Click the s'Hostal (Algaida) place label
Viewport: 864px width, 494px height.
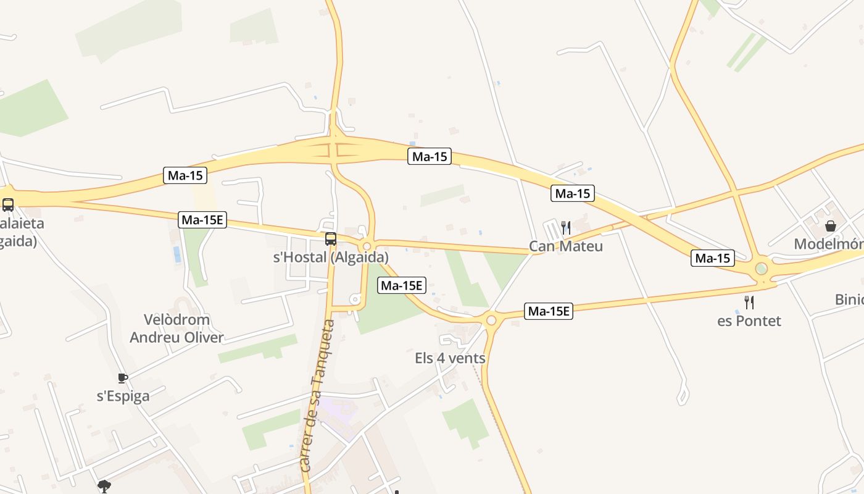[x=331, y=257]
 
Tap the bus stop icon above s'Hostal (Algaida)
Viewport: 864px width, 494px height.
[x=331, y=239]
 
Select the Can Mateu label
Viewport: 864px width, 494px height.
[x=565, y=246]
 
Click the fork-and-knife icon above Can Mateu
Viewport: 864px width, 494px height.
[x=565, y=227]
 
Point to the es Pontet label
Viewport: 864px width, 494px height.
[x=749, y=320]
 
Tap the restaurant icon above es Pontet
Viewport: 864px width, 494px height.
[x=749, y=303]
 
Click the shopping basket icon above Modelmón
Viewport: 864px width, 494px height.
[x=831, y=226]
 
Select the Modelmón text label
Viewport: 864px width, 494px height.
[x=828, y=244]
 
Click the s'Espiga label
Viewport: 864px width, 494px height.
[x=123, y=396]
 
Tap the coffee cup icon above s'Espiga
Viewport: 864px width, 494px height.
[x=123, y=378]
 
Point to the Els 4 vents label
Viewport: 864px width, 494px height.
[x=450, y=358]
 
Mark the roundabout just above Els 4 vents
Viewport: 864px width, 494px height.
[x=491, y=320]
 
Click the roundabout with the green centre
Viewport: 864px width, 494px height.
[x=761, y=269]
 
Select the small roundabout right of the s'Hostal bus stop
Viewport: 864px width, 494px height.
[x=367, y=246]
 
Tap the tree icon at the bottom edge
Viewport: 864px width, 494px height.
[x=104, y=487]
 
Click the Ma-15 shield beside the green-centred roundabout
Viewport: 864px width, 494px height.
[x=712, y=258]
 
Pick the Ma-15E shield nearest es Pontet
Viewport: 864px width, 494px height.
[x=549, y=311]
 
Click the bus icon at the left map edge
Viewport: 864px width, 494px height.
[x=8, y=204]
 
